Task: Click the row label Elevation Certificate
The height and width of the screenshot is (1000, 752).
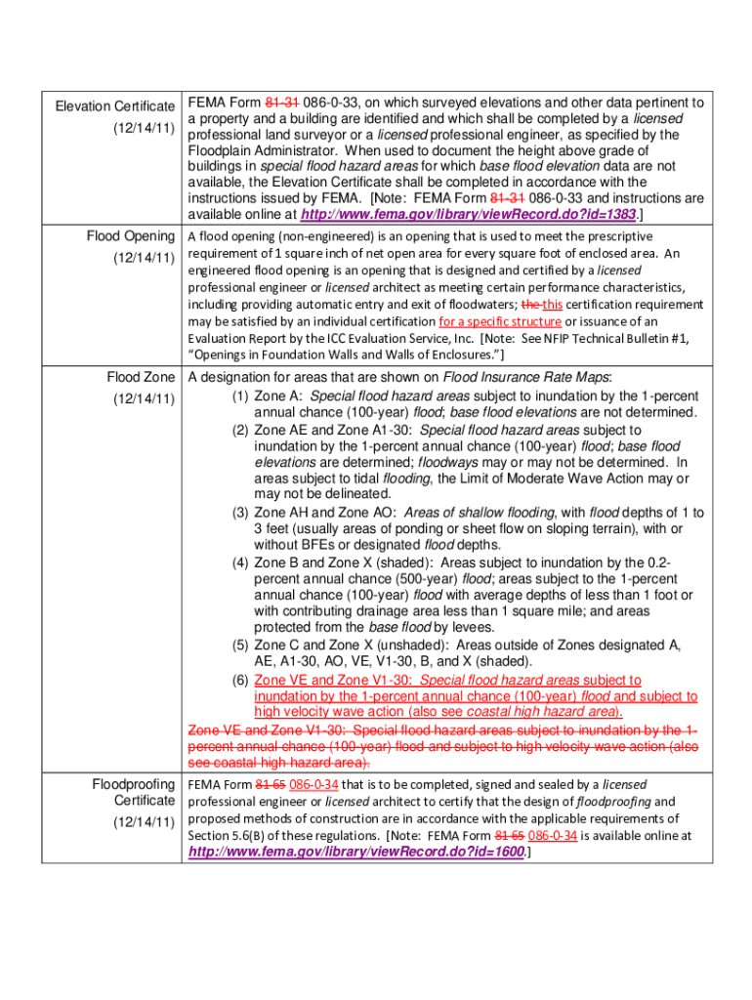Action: pyautogui.click(x=114, y=105)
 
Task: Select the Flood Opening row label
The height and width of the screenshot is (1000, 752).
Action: pyautogui.click(x=130, y=236)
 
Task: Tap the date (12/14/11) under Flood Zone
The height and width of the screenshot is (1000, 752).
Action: pyautogui.click(x=143, y=398)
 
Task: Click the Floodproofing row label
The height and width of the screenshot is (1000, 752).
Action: pyautogui.click(x=133, y=784)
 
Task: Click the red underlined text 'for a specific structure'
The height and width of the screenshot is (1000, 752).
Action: pyautogui.click(x=500, y=321)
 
